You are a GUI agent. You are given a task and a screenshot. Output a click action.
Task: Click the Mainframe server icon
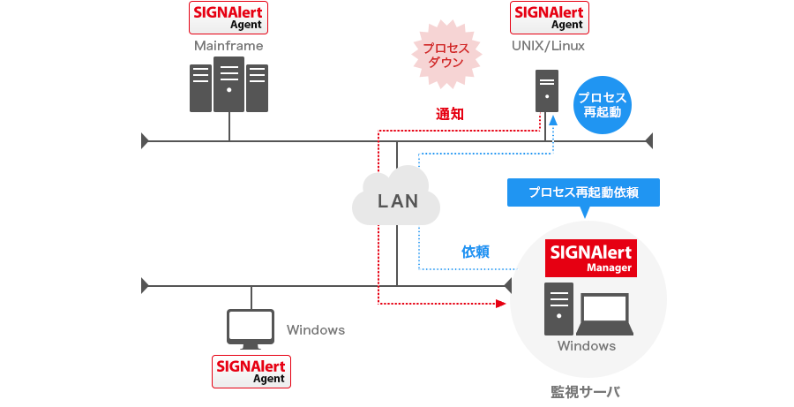click(229, 86)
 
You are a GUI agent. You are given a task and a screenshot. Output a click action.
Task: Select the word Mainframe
click(228, 46)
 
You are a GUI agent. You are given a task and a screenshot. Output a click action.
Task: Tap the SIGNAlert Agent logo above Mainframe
click(229, 17)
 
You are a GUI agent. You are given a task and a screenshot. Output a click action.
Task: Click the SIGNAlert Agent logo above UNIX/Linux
click(550, 17)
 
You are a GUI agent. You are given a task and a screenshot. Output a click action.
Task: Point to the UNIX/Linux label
click(550, 46)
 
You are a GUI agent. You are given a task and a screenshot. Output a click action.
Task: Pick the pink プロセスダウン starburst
click(447, 55)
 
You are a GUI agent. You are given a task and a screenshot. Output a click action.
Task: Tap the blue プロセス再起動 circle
click(603, 104)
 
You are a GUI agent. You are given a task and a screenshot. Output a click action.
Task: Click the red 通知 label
click(449, 114)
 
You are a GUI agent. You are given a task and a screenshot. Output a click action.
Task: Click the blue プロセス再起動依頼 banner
click(583, 192)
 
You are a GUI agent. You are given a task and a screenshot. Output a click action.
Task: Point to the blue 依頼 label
click(476, 252)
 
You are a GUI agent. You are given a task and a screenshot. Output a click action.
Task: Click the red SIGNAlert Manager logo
click(591, 258)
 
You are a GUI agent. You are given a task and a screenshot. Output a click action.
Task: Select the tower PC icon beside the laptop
click(559, 307)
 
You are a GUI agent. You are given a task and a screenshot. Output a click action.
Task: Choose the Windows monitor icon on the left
click(251, 327)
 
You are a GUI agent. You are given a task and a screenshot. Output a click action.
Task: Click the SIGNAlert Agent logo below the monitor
click(251, 371)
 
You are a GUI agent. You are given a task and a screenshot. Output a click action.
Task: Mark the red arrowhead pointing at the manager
click(501, 304)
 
